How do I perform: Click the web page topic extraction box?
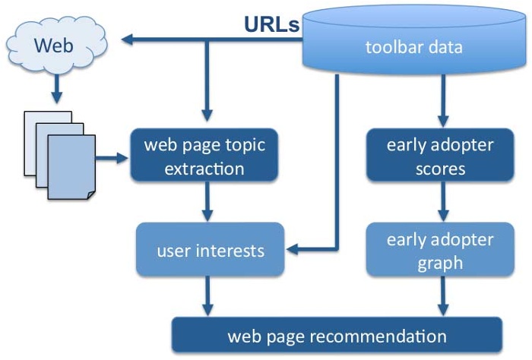click(x=206, y=155)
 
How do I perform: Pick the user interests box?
click(x=211, y=248)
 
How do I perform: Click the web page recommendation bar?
click(x=337, y=335)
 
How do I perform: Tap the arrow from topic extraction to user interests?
click(x=206, y=201)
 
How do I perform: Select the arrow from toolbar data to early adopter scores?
click(x=440, y=99)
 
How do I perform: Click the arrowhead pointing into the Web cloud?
click(x=130, y=39)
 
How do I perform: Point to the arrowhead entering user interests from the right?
click(x=293, y=248)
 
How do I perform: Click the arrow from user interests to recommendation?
click(x=206, y=296)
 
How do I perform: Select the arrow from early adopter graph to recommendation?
click(x=440, y=296)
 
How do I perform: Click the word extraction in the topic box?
click(x=206, y=168)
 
